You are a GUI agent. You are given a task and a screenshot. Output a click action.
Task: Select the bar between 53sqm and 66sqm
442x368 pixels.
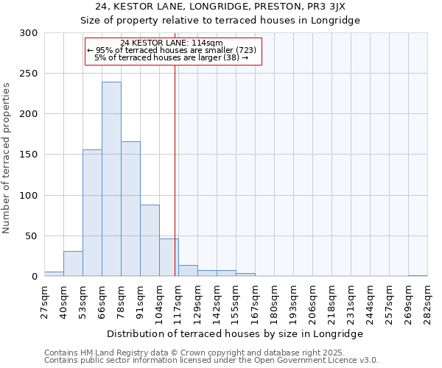pyautogui.click(x=92, y=213)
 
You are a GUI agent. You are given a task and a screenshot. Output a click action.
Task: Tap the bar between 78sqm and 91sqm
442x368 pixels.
pyautogui.click(x=130, y=208)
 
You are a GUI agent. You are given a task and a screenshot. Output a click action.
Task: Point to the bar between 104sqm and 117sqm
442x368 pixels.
pyautogui.click(x=169, y=257)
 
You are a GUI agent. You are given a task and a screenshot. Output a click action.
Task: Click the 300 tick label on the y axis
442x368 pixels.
pyautogui.click(x=28, y=33)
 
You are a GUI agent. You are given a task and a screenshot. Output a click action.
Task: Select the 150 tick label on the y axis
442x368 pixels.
pyautogui.click(x=28, y=155)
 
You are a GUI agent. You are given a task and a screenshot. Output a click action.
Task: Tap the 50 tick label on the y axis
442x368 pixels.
pyautogui.click(x=31, y=236)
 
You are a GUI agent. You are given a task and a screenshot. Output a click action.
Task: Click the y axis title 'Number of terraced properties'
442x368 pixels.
pyautogui.click(x=7, y=158)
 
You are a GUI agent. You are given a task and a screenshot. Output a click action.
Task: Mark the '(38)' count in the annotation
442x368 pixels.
pyautogui.click(x=231, y=57)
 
